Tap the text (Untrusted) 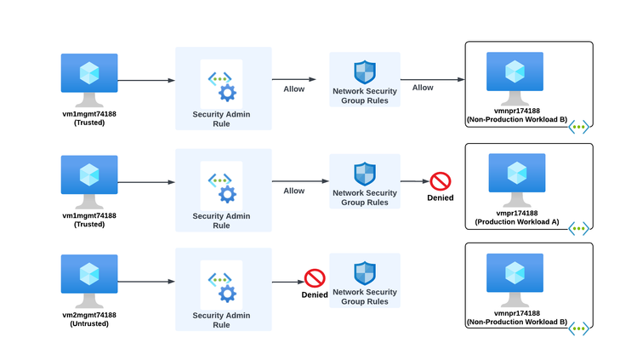(x=89, y=323)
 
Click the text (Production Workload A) (x=516, y=221)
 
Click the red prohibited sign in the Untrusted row (x=316, y=278)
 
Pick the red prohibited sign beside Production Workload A (x=440, y=180)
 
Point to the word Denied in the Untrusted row (x=315, y=294)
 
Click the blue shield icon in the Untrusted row (x=365, y=273)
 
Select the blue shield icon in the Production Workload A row (x=365, y=174)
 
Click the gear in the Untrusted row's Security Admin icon (x=227, y=294)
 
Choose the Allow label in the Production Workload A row (x=294, y=191)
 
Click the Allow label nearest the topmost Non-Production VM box (x=423, y=88)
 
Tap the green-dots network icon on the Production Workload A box (x=578, y=227)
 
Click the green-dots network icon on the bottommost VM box (x=578, y=328)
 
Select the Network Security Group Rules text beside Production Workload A (x=365, y=197)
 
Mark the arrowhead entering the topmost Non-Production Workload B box (x=460, y=81)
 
